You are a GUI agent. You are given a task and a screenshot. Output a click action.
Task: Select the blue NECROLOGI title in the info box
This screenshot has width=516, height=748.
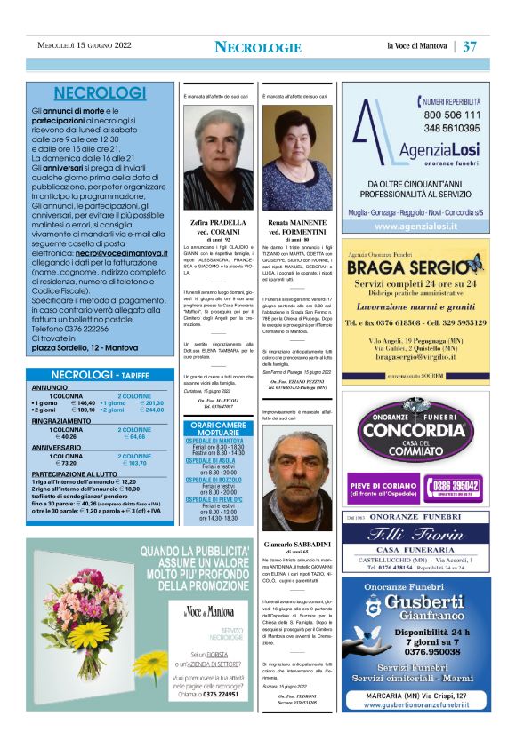100,93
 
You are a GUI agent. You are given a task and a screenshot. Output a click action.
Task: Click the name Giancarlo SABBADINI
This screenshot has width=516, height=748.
298,543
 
